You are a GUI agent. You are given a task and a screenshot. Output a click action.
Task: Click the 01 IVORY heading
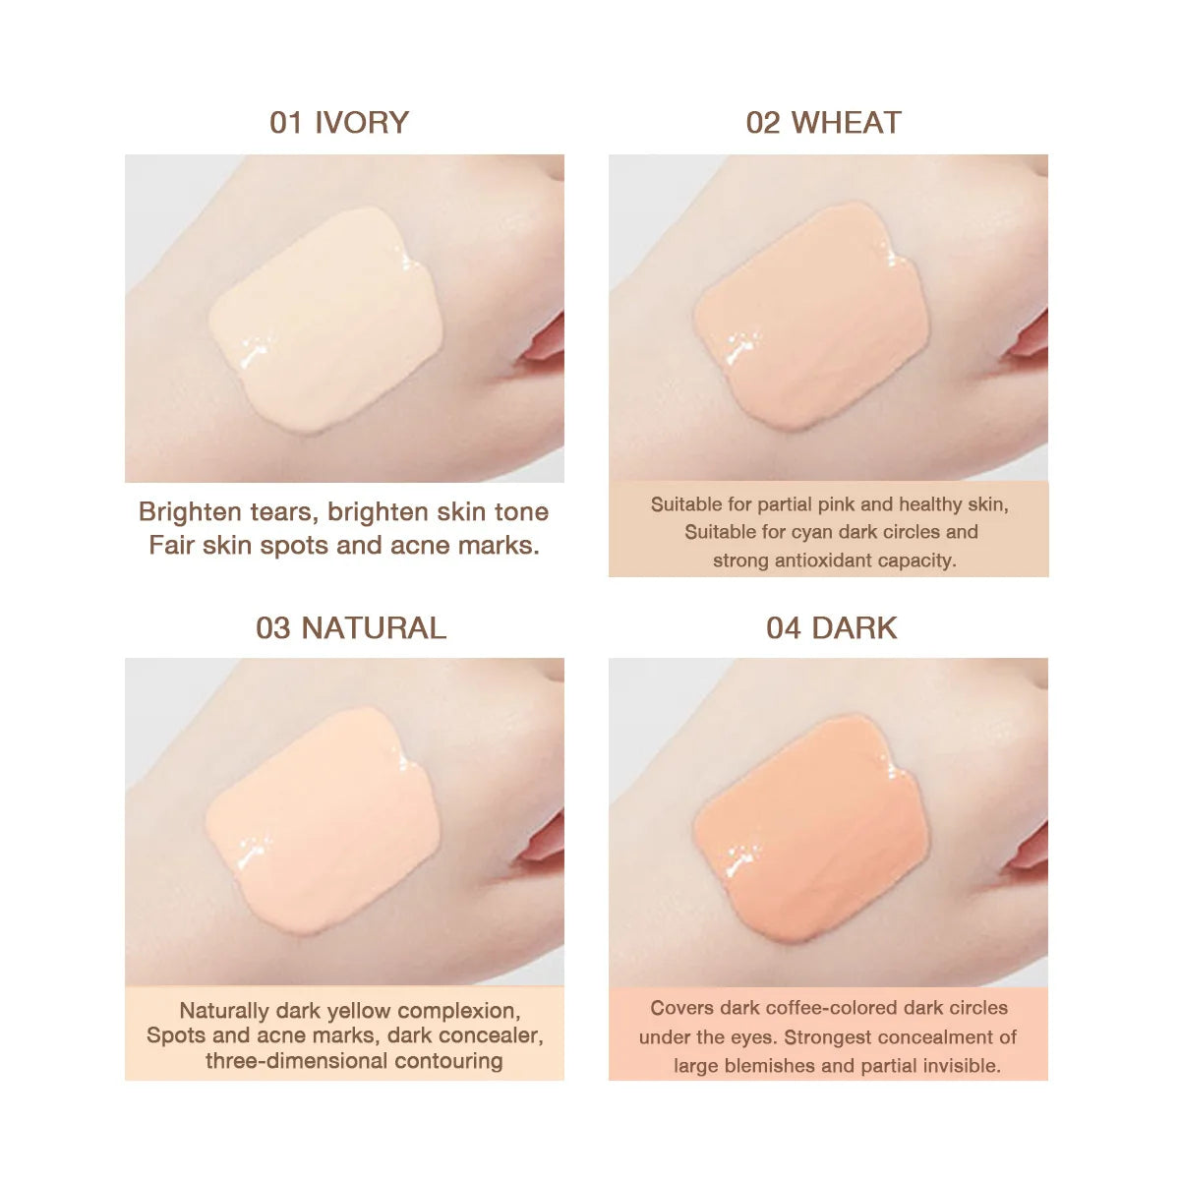[339, 123]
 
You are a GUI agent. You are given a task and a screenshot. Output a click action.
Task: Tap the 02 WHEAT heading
[823, 123]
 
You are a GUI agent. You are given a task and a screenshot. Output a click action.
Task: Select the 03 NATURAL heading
[351, 628]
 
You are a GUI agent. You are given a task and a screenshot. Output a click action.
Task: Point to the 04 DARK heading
[831, 628]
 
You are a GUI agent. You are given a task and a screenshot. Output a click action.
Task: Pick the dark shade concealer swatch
[811, 826]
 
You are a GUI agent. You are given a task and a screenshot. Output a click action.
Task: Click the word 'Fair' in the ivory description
[171, 546]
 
